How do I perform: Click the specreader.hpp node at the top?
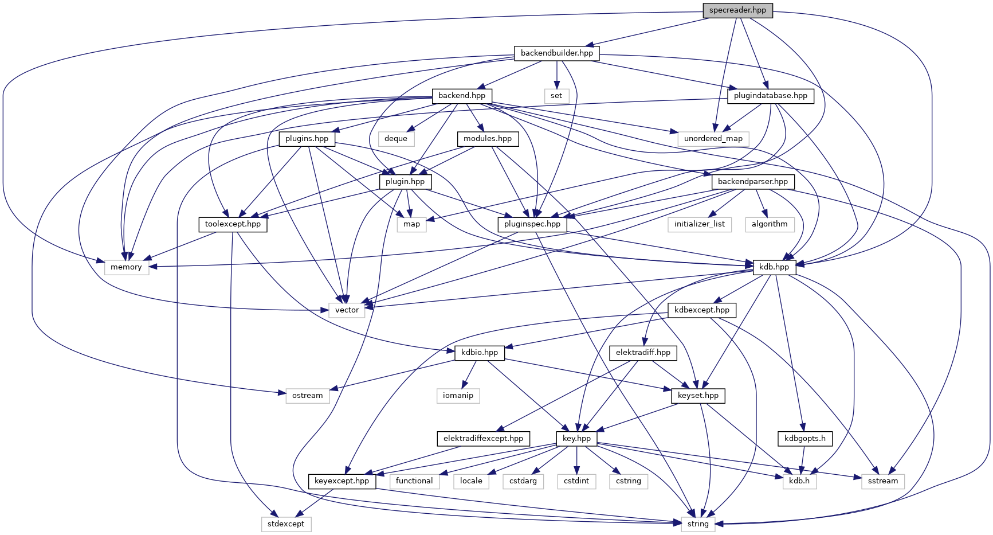(737, 10)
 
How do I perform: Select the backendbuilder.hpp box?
(556, 53)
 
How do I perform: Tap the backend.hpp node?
(461, 96)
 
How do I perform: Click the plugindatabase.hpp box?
(770, 96)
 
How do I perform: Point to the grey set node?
(556, 96)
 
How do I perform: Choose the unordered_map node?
(713, 139)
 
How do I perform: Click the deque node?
(396, 139)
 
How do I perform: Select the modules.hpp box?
(488, 139)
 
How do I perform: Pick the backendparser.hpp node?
(752, 182)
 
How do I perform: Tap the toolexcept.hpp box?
(233, 224)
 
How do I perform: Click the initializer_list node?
(699, 224)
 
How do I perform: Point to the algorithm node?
(770, 224)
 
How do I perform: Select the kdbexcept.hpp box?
(702, 310)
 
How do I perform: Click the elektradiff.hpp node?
(643, 353)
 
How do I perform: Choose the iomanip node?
(458, 396)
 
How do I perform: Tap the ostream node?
(307, 396)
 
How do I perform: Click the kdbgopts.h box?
(805, 439)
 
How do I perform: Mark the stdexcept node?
(286, 524)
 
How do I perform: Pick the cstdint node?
(576, 481)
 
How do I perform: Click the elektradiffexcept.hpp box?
(483, 439)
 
